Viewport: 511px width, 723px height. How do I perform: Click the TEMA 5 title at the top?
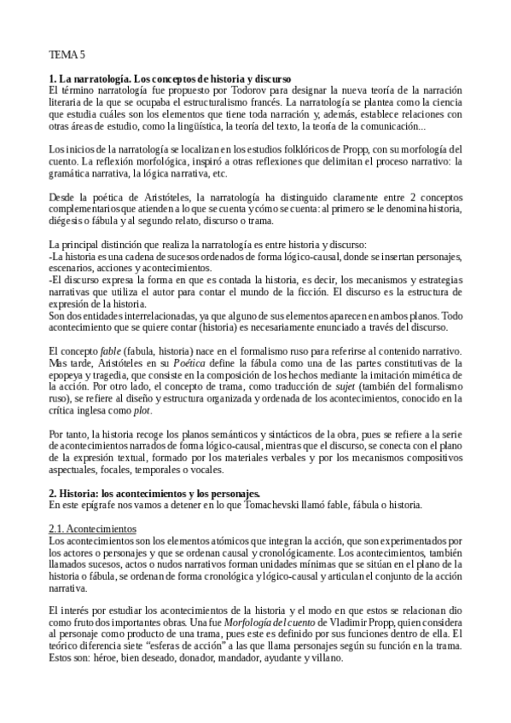(x=67, y=55)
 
